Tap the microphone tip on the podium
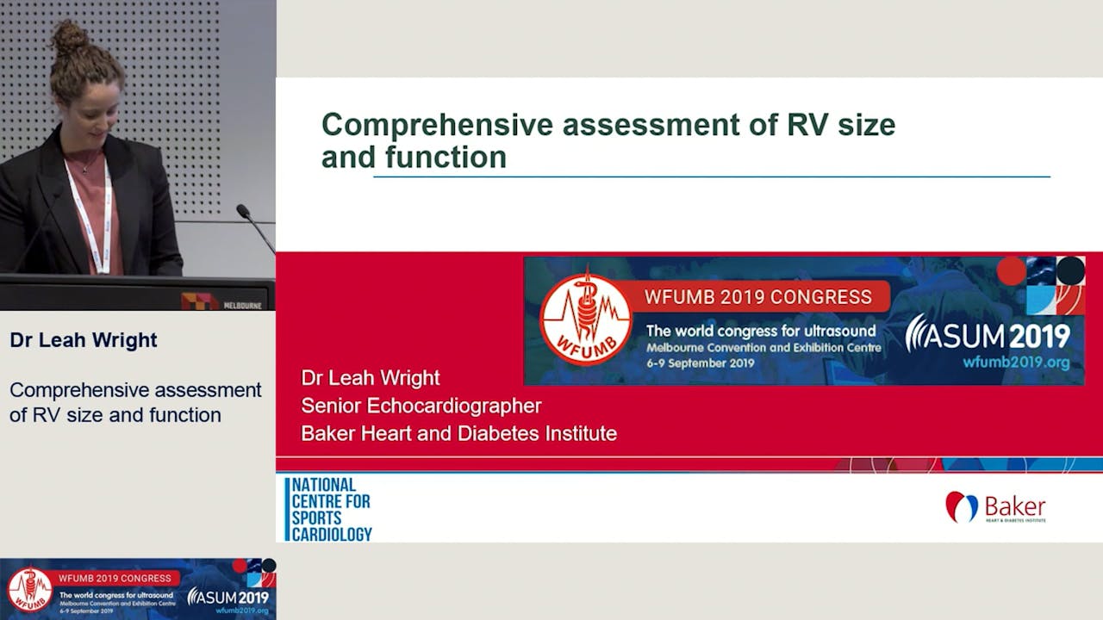tap(242, 209)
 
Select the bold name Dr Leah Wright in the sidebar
tap(84, 340)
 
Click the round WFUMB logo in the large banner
tap(585, 320)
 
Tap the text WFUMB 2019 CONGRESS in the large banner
tap(758, 297)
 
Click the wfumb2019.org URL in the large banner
tap(1016, 363)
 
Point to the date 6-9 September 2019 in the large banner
tap(701, 363)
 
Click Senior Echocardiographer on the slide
tap(421, 406)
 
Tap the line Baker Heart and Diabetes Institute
tap(458, 433)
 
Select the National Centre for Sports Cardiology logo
tap(329, 509)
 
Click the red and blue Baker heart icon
tap(961, 507)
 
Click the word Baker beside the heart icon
tap(1014, 505)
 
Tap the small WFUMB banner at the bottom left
tap(138, 588)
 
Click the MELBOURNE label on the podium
tap(242, 305)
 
